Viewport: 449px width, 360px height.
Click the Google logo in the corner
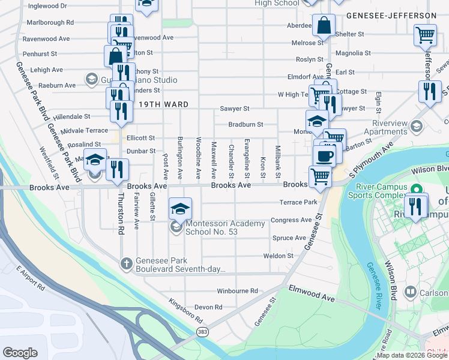pos(20,353)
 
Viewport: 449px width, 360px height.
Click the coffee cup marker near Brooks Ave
pos(324,155)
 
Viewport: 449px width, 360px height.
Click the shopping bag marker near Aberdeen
pos(324,26)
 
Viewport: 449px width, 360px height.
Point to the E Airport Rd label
pos(31,278)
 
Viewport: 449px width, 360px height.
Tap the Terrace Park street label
pos(303,202)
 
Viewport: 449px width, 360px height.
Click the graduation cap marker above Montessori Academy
pos(180,208)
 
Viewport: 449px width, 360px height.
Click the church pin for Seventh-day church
pos(126,263)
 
